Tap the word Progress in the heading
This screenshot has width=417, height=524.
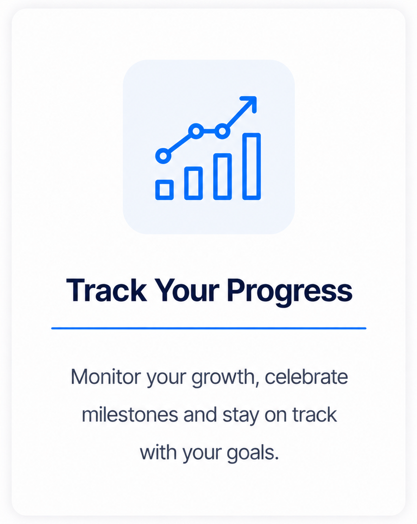coord(290,292)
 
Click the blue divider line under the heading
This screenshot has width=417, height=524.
coord(208,328)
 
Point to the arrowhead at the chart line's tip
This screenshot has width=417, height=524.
coord(250,102)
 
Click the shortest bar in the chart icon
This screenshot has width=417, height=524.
coord(164,190)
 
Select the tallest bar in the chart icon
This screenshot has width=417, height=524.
coord(251,167)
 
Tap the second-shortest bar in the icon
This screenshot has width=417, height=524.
coord(193,183)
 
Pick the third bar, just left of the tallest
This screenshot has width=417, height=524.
coord(223,176)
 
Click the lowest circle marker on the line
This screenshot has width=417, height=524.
coord(163,156)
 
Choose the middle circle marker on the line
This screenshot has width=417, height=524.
coord(196,131)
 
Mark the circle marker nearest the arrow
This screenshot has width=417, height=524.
coord(222,131)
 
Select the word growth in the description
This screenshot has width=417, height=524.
coord(225,378)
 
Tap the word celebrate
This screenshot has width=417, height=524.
coord(306,377)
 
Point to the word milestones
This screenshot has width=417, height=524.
coord(130,415)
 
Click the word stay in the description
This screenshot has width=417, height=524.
coord(241,416)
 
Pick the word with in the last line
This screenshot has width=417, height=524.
coord(159,453)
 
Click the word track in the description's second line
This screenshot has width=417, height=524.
coord(314,415)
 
